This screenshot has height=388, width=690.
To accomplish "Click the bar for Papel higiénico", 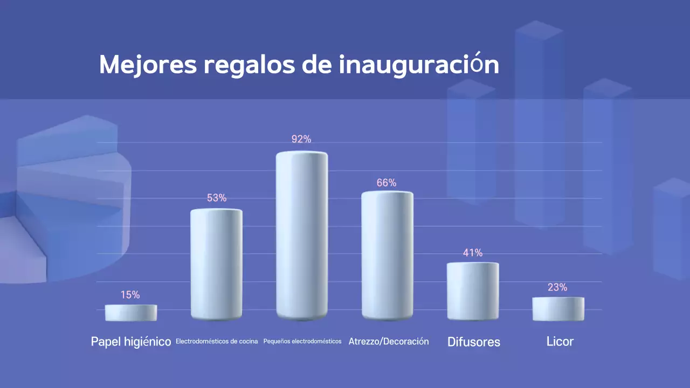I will [131, 313].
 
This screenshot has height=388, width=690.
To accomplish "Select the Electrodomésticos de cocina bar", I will [216, 264].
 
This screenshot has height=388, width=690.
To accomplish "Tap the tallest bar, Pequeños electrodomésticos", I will [302, 235].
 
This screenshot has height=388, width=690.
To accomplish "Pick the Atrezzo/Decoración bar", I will [387, 255].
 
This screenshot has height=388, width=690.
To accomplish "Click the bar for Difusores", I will [473, 291].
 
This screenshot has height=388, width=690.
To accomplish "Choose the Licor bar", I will [558, 309].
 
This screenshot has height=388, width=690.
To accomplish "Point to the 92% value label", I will [301, 139].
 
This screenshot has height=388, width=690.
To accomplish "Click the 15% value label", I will [130, 295].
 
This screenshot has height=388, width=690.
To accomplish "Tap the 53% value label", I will [217, 198].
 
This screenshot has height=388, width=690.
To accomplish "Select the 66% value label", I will [387, 183].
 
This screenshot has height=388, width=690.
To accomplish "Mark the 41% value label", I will [473, 253].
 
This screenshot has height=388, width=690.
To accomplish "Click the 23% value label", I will [557, 287].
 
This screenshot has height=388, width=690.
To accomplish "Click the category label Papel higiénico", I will [131, 342].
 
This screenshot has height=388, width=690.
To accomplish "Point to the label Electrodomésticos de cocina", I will [217, 342].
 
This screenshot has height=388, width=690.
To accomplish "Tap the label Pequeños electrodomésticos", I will [302, 342].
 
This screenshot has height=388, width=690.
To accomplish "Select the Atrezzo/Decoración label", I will [389, 342].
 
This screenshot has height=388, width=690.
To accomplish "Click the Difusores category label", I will [474, 342].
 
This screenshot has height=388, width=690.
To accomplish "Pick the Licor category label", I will [560, 342].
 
